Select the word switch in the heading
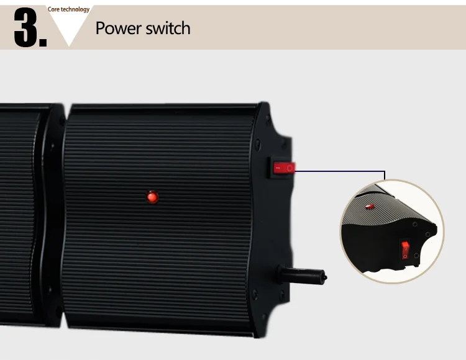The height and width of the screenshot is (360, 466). [x=168, y=28]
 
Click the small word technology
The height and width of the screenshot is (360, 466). [x=75, y=9]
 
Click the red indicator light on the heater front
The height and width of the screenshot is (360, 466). [x=152, y=197]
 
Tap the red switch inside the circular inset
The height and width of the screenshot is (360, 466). [x=406, y=250]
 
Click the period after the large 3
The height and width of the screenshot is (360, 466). [x=42, y=42]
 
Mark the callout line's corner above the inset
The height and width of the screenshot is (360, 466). [x=385, y=171]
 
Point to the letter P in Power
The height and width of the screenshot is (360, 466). [x=100, y=28]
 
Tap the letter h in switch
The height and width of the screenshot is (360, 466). [x=185, y=28]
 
